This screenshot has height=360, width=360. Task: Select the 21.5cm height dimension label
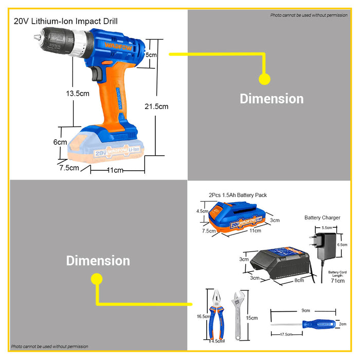click(x=156, y=106)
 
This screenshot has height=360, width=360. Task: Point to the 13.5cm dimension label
click(x=78, y=94)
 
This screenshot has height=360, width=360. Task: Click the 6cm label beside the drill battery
click(x=60, y=142)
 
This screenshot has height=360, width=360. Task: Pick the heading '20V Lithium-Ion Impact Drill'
click(x=66, y=22)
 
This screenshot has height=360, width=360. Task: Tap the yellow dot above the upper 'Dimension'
click(x=264, y=79)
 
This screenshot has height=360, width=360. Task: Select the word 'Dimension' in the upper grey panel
click(x=272, y=99)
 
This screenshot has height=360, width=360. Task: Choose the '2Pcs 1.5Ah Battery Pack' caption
click(x=238, y=195)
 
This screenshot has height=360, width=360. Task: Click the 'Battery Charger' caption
click(x=322, y=218)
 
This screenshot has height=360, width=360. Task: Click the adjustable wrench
click(x=237, y=315)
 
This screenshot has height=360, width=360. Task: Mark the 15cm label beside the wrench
click(x=252, y=318)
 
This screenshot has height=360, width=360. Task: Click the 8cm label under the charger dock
click(x=299, y=280)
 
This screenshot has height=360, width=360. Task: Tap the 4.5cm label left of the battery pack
click(x=202, y=211)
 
